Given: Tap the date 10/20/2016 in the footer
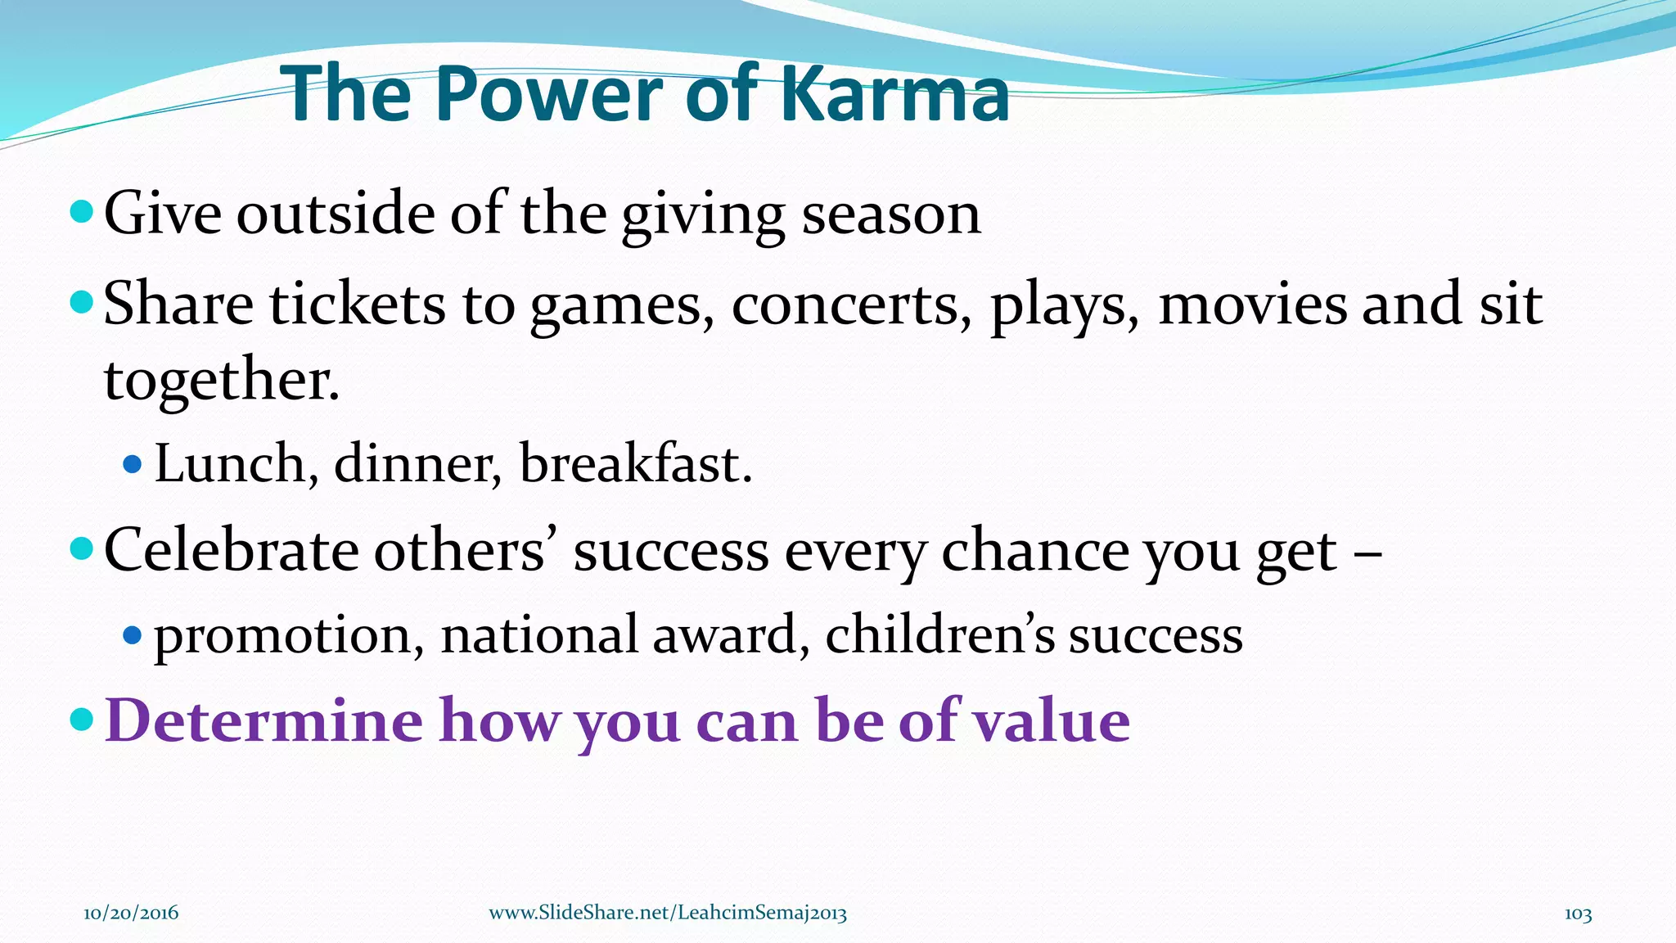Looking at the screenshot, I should pyautogui.click(x=131, y=913).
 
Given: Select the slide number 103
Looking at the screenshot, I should pyautogui.click(x=1578, y=914).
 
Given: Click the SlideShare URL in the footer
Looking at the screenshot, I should pyautogui.click(x=668, y=913).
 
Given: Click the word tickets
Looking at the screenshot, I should pyautogui.click(x=358, y=305).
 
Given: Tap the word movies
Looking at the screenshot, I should pyautogui.click(x=1253, y=305).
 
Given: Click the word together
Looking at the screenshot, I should pyautogui.click(x=221, y=381).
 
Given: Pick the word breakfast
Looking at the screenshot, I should pyautogui.click(x=635, y=464).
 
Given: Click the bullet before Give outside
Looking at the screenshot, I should pyautogui.click(x=82, y=213).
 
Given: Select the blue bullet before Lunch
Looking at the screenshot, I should pyautogui.click(x=132, y=465).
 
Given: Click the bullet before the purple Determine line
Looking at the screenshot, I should pyautogui.click(x=82, y=720).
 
